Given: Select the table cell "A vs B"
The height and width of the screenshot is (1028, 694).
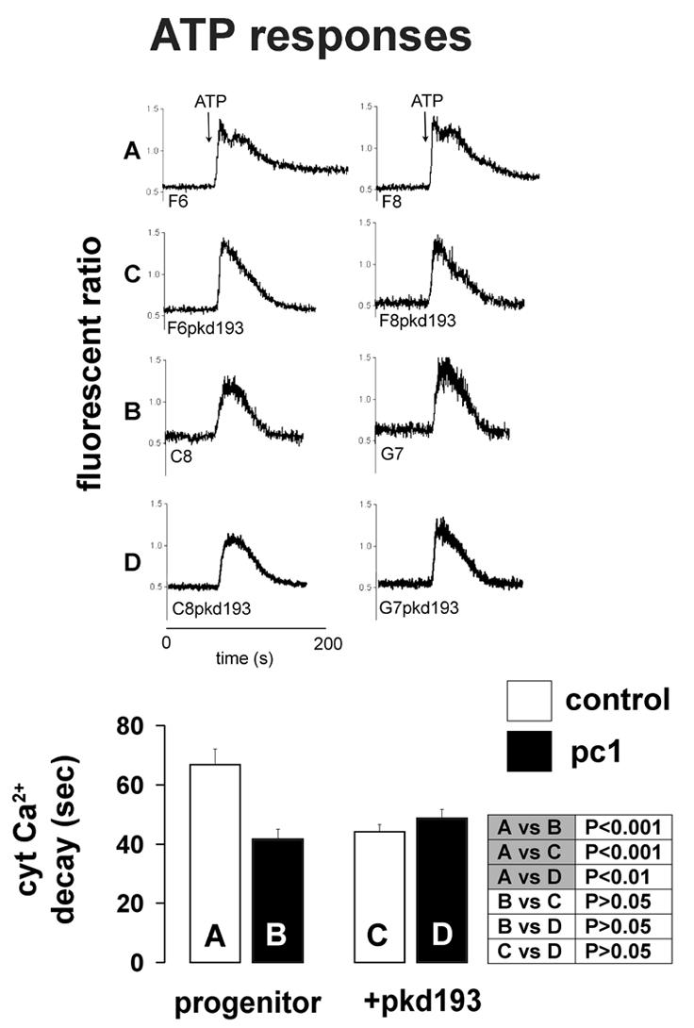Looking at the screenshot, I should [532, 827].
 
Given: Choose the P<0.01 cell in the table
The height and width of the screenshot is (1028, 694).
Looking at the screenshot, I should [622, 878].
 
